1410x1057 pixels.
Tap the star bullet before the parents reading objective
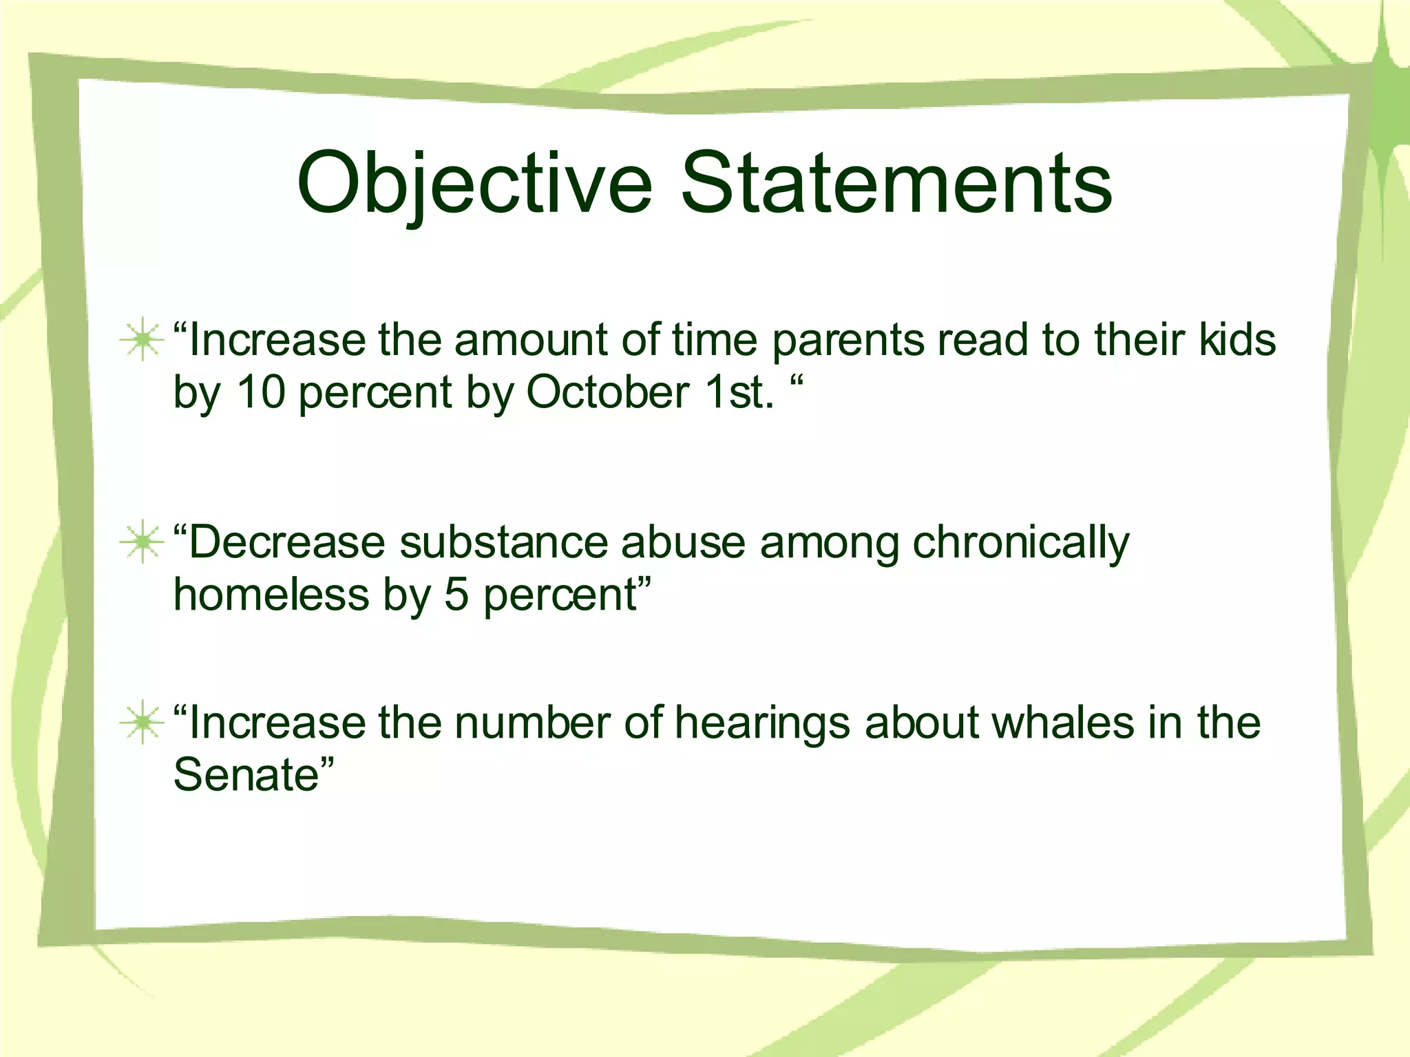(142, 339)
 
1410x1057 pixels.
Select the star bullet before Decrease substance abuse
(142, 542)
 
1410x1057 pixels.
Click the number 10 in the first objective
(261, 392)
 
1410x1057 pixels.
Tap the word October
(608, 392)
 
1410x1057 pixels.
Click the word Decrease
(286, 542)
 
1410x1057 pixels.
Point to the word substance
(503, 542)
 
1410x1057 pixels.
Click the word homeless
(271, 594)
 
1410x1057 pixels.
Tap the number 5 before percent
(456, 594)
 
